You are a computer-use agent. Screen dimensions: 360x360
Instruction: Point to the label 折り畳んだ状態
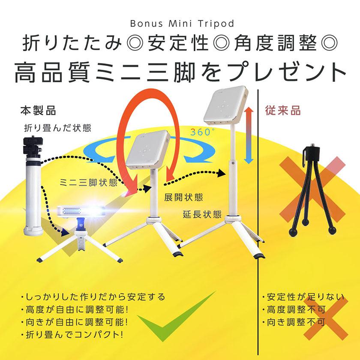[57, 127]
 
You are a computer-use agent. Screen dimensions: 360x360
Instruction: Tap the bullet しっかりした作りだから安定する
[93, 297]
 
